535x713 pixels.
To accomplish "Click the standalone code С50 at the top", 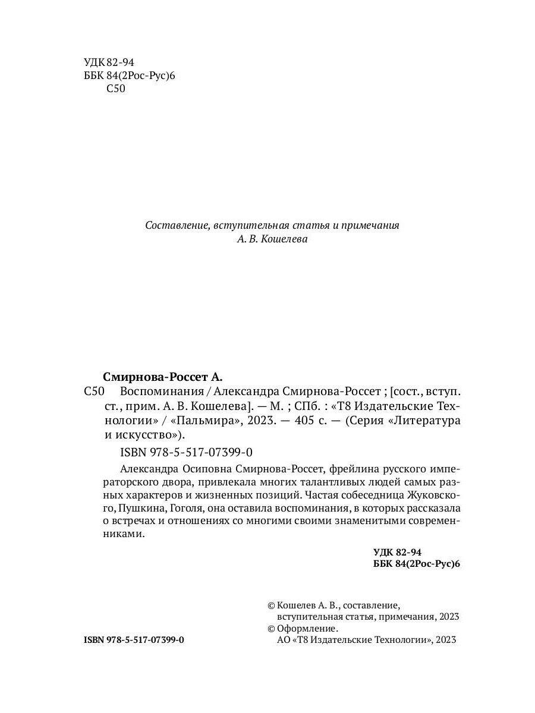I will click(x=115, y=89).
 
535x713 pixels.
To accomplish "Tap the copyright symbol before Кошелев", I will click(x=272, y=605).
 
